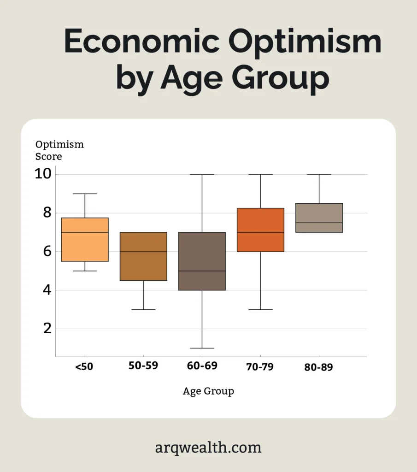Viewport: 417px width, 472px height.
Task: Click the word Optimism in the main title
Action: [305, 42]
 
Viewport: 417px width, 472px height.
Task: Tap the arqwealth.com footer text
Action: [208, 447]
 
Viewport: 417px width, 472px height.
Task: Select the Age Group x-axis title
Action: [208, 391]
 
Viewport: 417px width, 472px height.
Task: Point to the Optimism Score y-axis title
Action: [59, 150]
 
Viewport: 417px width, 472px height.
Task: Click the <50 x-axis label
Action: [84, 367]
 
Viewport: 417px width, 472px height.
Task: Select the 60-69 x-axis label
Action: [202, 366]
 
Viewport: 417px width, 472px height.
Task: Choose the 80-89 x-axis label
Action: [318, 367]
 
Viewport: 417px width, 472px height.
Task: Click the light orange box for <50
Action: [85, 247]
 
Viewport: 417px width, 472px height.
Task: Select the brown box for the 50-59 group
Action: [143, 265]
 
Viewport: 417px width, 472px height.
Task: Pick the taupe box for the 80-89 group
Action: [319, 213]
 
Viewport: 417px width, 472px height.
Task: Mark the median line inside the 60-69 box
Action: [202, 271]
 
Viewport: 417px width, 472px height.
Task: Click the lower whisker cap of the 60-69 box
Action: [202, 348]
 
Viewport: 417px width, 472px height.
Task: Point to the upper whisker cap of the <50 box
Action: [85, 194]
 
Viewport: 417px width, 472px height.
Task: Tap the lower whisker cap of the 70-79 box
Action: [260, 309]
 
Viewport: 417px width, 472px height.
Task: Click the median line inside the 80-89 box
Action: [319, 223]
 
